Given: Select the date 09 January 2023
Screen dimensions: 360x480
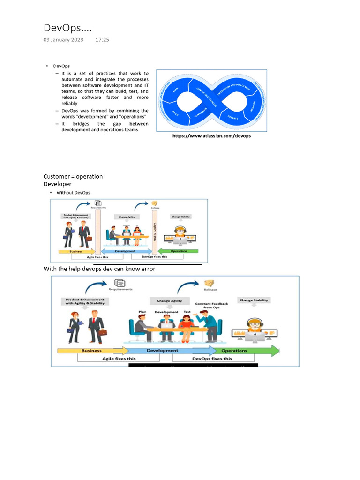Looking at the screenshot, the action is [63, 40].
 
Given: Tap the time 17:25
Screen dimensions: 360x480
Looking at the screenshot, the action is [102, 40].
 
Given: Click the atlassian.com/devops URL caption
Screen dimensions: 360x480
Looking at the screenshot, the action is [211, 136].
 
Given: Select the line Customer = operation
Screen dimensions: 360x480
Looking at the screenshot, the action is [73, 176].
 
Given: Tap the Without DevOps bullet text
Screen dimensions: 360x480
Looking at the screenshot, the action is [73, 193].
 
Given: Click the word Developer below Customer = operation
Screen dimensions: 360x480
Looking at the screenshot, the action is [57, 184].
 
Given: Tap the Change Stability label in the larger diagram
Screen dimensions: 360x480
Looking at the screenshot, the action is [254, 300].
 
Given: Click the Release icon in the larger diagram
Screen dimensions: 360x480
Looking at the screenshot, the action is [209, 283].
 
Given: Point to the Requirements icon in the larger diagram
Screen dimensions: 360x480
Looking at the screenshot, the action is [120, 283].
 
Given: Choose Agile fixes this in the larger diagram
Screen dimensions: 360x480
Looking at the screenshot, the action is [119, 359].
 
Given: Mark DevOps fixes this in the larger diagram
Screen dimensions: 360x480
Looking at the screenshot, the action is [212, 359].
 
